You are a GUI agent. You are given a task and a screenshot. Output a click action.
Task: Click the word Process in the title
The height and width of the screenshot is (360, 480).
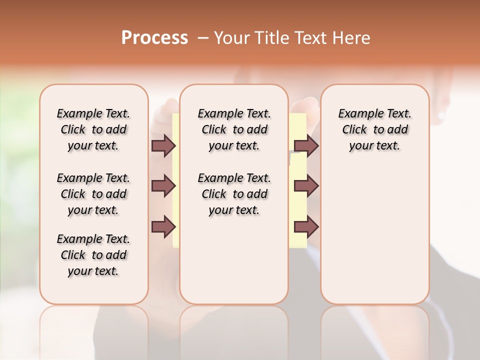[x=154, y=38]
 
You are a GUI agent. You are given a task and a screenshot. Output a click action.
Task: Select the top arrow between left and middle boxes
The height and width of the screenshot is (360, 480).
[x=163, y=146]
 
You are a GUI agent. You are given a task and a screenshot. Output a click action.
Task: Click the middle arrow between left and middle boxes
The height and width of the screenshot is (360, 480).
[x=163, y=186]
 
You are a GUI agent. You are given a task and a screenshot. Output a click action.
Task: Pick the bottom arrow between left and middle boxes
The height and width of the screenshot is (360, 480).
[x=163, y=227]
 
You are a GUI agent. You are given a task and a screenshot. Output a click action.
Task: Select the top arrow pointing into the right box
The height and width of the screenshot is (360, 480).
[x=306, y=146]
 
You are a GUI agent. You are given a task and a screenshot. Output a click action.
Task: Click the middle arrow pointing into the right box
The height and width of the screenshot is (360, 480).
[x=306, y=186]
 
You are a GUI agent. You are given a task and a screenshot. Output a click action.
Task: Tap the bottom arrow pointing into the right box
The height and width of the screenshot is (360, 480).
[x=306, y=227]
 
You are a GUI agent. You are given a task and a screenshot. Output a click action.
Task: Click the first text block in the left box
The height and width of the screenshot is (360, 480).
[x=93, y=129]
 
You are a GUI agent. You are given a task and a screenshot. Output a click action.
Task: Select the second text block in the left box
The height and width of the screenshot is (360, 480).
[x=93, y=194]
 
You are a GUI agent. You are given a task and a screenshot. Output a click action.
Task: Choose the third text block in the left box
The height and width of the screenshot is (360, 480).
[x=93, y=255]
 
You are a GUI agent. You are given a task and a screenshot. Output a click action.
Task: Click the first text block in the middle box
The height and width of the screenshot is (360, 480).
[x=234, y=129]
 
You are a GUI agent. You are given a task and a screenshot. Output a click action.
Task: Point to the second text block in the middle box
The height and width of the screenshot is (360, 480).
[x=234, y=194]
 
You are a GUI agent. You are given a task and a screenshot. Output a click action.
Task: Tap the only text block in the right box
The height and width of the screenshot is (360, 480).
[x=374, y=129]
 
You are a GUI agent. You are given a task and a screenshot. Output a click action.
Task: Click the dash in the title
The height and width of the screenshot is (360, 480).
[x=203, y=38]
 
